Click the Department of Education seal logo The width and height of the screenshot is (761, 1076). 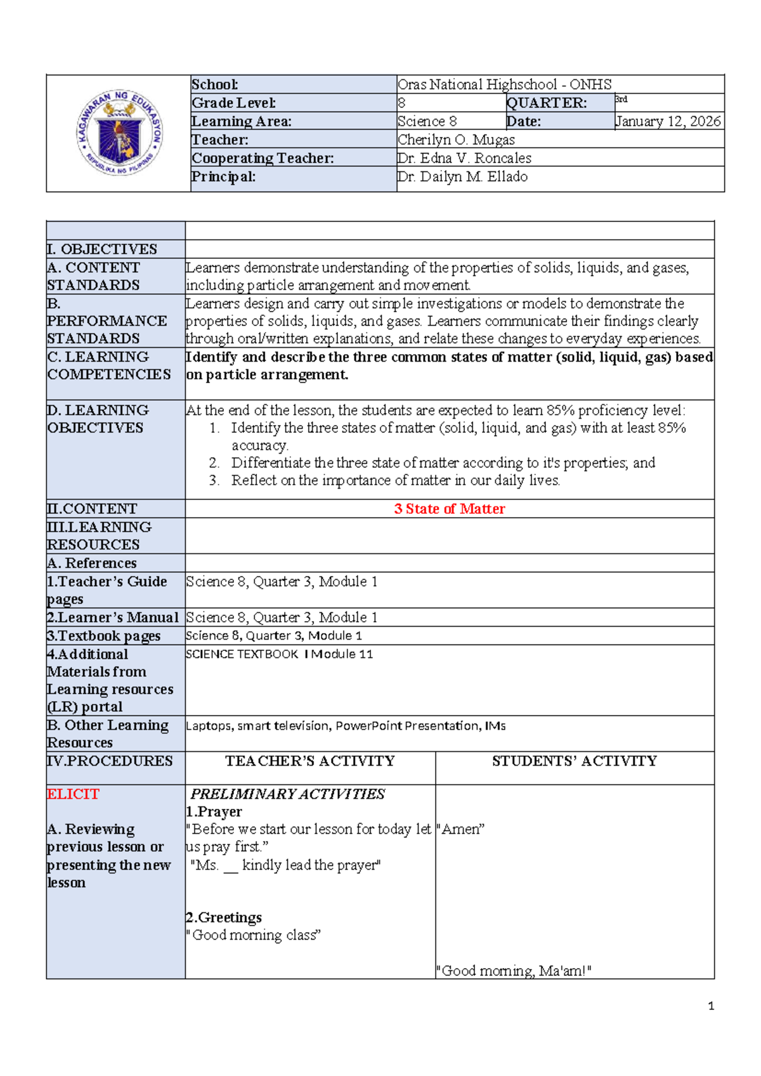[119, 133]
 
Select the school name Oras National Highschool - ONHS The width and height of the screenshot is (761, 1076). [504, 84]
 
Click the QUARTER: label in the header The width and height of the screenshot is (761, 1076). [547, 103]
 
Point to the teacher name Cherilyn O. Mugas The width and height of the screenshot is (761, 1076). [456, 140]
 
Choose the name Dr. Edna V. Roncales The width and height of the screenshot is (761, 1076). [464, 158]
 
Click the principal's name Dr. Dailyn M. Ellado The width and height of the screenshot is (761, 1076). [462, 176]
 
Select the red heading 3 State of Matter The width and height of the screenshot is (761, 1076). [449, 509]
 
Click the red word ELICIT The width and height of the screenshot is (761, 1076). [73, 794]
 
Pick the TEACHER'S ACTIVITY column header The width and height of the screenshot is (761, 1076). [310, 761]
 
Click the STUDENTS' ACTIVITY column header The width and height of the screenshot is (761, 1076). [575, 761]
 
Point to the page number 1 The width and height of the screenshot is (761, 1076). [711, 1006]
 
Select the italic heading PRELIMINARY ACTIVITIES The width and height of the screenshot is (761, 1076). [288, 794]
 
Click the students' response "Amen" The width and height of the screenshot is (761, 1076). [461, 829]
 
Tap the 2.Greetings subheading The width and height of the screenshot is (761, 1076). [224, 917]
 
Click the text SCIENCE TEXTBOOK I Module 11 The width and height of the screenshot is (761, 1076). [279, 654]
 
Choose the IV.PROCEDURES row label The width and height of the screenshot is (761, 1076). [110, 761]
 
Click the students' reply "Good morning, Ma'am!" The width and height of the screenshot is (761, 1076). [514, 971]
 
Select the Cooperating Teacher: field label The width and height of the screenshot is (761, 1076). [263, 158]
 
